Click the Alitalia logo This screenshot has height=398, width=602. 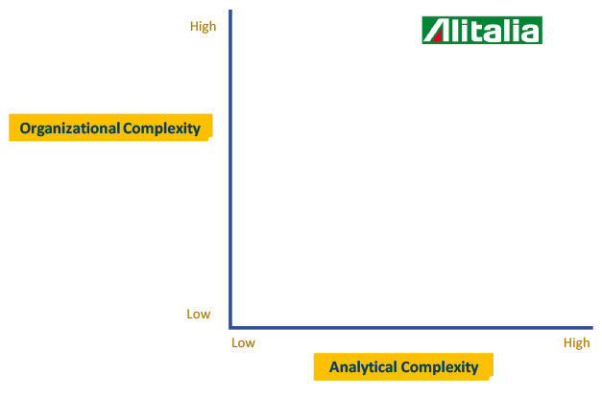pos(482,31)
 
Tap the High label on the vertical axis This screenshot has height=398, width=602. pos(204,27)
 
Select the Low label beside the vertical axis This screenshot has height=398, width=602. pos(199,314)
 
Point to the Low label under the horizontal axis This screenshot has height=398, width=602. pos(244,342)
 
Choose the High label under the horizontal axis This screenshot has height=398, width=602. pos(577,343)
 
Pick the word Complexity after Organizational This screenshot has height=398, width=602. pos(161,129)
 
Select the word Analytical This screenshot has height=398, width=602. pos(363,367)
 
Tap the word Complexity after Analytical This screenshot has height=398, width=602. pos(439,367)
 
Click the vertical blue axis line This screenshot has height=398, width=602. pos(230,169)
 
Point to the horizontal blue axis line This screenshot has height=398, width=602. pos(411,328)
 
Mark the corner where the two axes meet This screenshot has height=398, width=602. pos(230,328)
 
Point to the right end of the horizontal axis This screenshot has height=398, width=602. pos(592,328)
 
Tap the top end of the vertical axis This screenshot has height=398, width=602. pos(230,11)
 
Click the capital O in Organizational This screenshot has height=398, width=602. pos(25,129)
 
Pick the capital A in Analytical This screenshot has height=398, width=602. pos(335,367)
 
